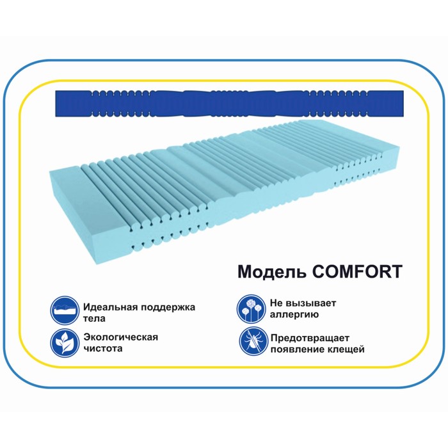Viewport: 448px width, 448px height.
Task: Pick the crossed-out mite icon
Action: tap(250, 342)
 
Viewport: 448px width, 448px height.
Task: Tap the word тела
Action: tap(93, 318)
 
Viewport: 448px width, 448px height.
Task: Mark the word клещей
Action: tap(346, 349)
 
